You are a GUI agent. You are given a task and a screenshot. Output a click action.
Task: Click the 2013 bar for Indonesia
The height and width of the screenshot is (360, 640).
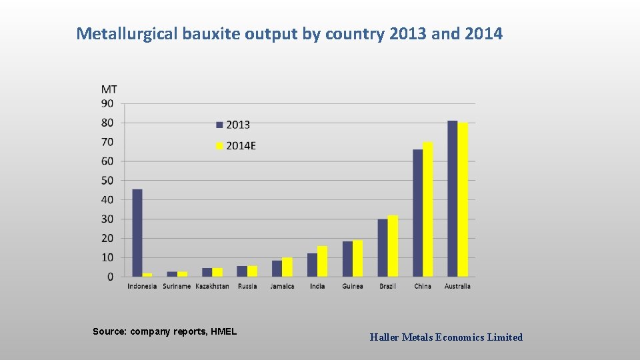coord(137,233)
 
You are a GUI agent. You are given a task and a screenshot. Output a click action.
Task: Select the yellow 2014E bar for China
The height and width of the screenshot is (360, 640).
coord(428,209)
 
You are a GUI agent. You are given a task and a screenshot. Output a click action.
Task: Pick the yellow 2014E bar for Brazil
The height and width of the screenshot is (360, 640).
coord(393,246)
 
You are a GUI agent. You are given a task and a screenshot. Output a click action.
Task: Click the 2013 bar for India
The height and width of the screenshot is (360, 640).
coord(312,265)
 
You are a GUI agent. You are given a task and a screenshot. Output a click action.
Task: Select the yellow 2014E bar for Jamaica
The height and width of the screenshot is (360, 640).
coord(287,267)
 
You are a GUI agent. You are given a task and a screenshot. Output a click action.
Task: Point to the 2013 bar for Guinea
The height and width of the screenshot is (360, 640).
coord(347,259)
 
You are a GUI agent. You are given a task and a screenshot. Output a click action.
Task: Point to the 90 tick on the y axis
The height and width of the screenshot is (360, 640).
coord(107,103)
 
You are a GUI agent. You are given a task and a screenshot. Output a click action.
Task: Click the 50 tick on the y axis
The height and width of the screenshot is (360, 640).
coord(107,181)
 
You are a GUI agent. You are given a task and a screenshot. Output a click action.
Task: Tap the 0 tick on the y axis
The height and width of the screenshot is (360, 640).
coord(110,277)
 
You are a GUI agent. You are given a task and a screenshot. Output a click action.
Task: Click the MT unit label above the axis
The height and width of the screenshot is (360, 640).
coord(109,89)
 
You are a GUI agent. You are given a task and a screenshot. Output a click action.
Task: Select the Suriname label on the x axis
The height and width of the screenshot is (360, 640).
coord(177,286)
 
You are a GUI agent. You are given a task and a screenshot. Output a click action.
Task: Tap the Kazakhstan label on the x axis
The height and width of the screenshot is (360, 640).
coord(212,286)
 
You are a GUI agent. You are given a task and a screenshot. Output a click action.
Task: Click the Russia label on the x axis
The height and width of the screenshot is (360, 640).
coord(247,286)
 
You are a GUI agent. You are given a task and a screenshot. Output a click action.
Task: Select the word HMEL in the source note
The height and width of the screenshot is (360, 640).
coord(223,331)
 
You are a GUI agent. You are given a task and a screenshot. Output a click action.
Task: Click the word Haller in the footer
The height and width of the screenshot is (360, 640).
coord(384,337)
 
